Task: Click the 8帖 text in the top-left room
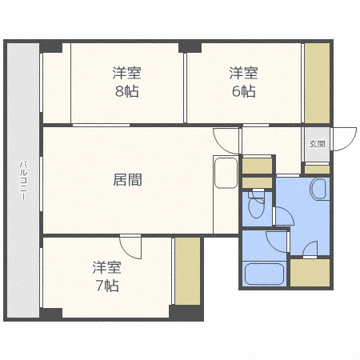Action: tap(126, 90)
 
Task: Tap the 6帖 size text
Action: tap(243, 90)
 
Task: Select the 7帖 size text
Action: tap(106, 284)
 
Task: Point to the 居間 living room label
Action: tap(126, 179)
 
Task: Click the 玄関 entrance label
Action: tap(317, 145)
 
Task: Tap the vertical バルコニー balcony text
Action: tap(23, 181)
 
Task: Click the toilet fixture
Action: tap(256, 207)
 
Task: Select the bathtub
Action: tap(263, 274)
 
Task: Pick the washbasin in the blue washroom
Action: tap(318, 190)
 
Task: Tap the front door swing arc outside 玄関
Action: tap(345, 139)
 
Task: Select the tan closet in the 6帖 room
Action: tap(317, 82)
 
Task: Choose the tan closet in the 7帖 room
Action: tap(187, 271)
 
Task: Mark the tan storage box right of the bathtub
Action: tap(310, 274)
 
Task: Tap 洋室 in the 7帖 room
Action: tap(106, 266)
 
